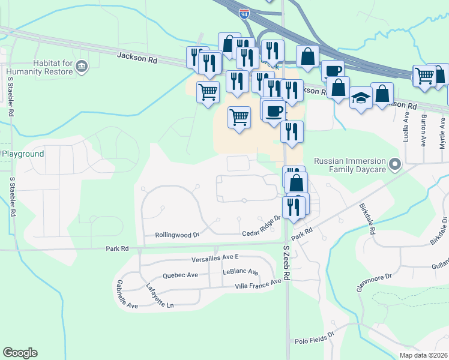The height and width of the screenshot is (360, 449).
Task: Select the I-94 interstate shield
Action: (244, 14)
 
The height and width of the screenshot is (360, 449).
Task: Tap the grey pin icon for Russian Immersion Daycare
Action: (395, 163)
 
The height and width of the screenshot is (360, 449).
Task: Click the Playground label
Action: (23, 154)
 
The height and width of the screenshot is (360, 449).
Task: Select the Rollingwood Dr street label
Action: (176, 235)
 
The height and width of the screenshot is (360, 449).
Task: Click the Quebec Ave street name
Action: (180, 275)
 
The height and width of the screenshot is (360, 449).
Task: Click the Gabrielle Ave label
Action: (127, 295)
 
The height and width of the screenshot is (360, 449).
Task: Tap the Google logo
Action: (20, 353)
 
